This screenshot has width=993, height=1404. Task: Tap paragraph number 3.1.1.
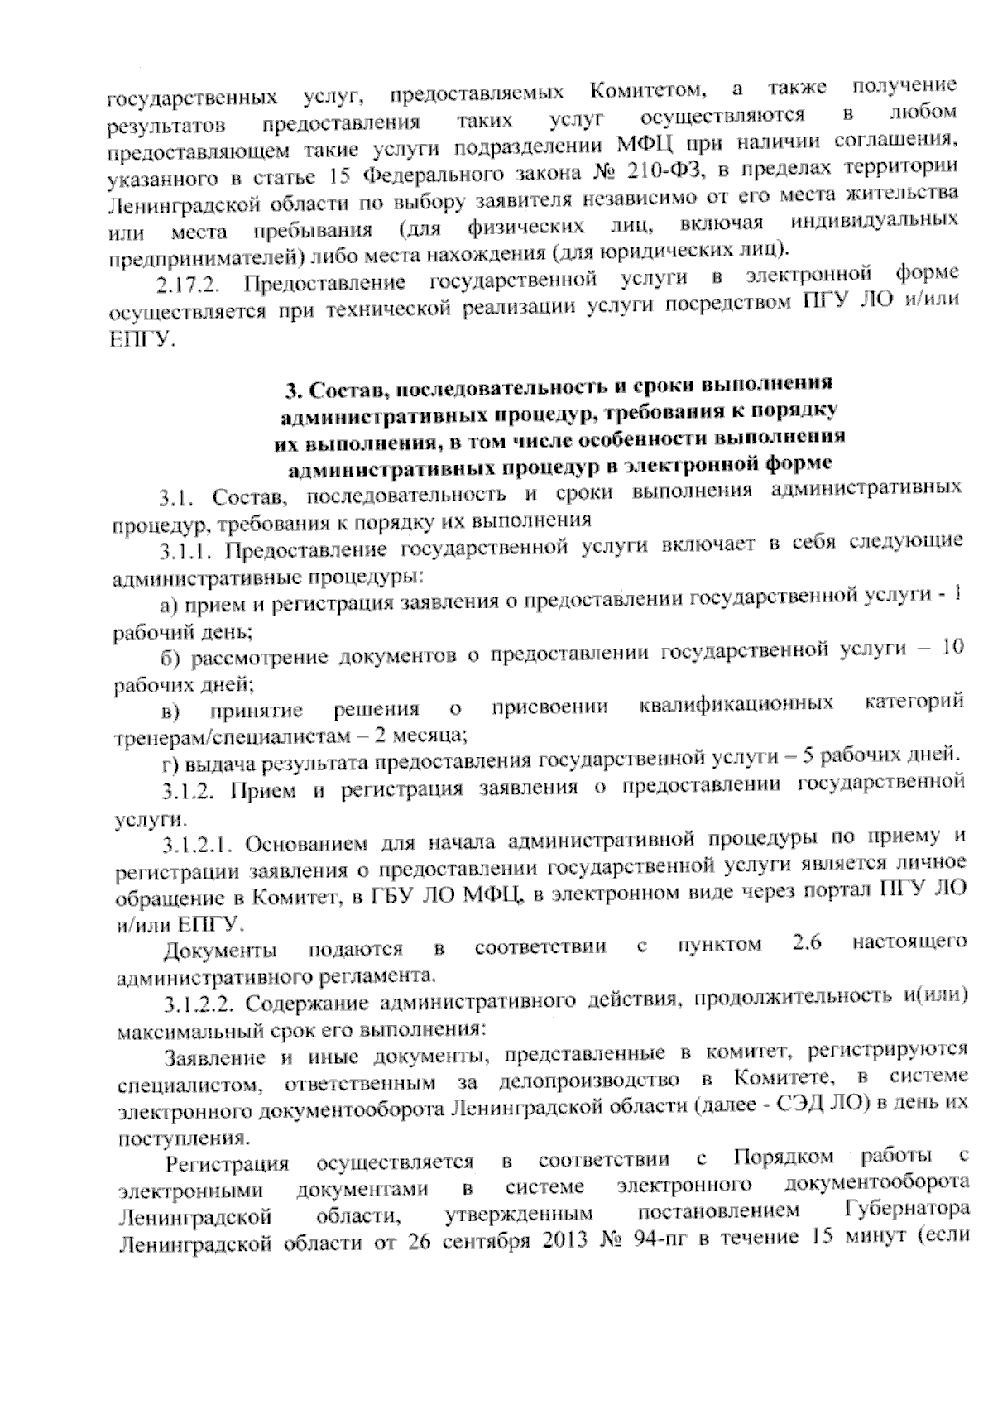pos(187,551)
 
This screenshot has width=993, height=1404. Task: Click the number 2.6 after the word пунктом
pos(806,944)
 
